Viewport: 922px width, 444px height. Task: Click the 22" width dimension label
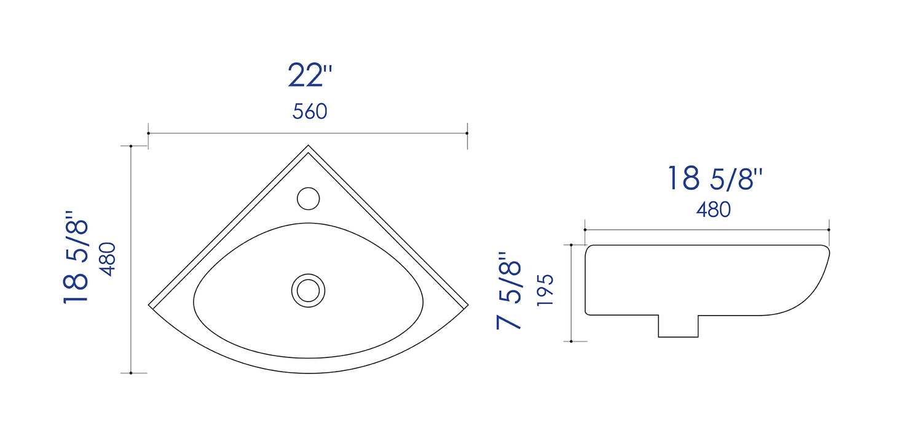(310, 76)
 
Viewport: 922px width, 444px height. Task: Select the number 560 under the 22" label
(310, 112)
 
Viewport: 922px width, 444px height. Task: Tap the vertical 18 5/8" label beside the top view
(77, 257)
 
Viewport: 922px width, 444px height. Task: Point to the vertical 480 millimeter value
(108, 259)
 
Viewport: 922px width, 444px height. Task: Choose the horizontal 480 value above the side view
(713, 210)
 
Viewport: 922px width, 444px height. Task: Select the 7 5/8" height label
(510, 290)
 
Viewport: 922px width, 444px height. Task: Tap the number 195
(545, 290)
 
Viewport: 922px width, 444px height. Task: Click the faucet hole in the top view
(309, 198)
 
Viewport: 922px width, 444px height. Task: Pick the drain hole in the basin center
(308, 290)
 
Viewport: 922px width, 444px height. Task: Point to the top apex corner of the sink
(308, 146)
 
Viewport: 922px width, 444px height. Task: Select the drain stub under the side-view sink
(678, 326)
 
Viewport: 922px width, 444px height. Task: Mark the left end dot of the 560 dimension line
(149, 133)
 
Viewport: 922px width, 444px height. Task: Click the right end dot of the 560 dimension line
(467, 133)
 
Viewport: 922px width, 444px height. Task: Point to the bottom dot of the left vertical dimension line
(131, 373)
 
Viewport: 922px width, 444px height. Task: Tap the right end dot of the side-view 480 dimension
(829, 230)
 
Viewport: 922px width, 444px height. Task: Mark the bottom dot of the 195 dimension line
(572, 341)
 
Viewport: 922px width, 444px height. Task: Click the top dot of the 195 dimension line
(572, 245)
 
